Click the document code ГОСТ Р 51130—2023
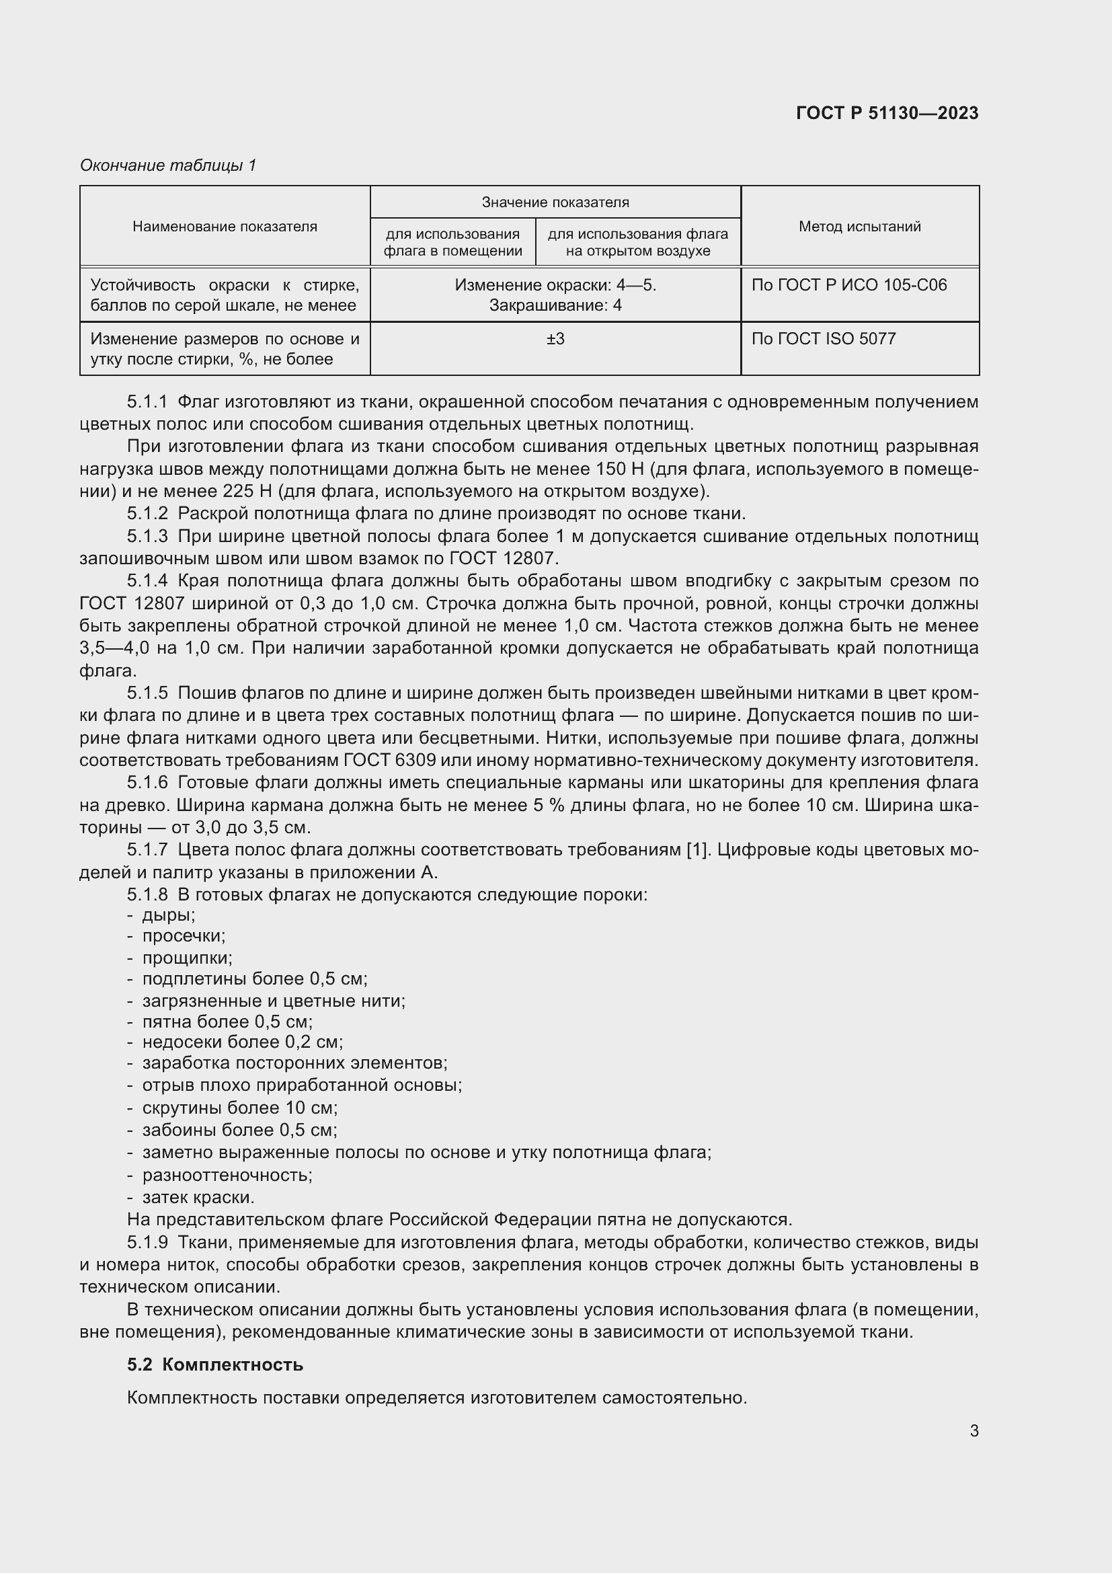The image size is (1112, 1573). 887,113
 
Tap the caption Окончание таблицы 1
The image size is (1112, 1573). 168,165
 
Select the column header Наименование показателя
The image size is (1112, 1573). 225,226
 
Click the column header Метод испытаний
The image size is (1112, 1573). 859,226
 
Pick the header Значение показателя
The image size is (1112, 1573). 555,202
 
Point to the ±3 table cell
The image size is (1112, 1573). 555,338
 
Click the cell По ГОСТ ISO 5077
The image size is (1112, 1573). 823,338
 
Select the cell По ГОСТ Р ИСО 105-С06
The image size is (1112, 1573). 848,285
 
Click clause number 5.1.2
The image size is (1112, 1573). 147,514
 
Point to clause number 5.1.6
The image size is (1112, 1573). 147,782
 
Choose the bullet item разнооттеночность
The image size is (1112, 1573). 227,1176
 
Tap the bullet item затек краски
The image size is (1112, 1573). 198,1198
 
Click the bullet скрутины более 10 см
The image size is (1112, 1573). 239,1108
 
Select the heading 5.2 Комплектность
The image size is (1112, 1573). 215,1365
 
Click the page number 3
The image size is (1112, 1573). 974,1430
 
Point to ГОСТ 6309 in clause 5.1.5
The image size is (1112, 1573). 389,761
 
